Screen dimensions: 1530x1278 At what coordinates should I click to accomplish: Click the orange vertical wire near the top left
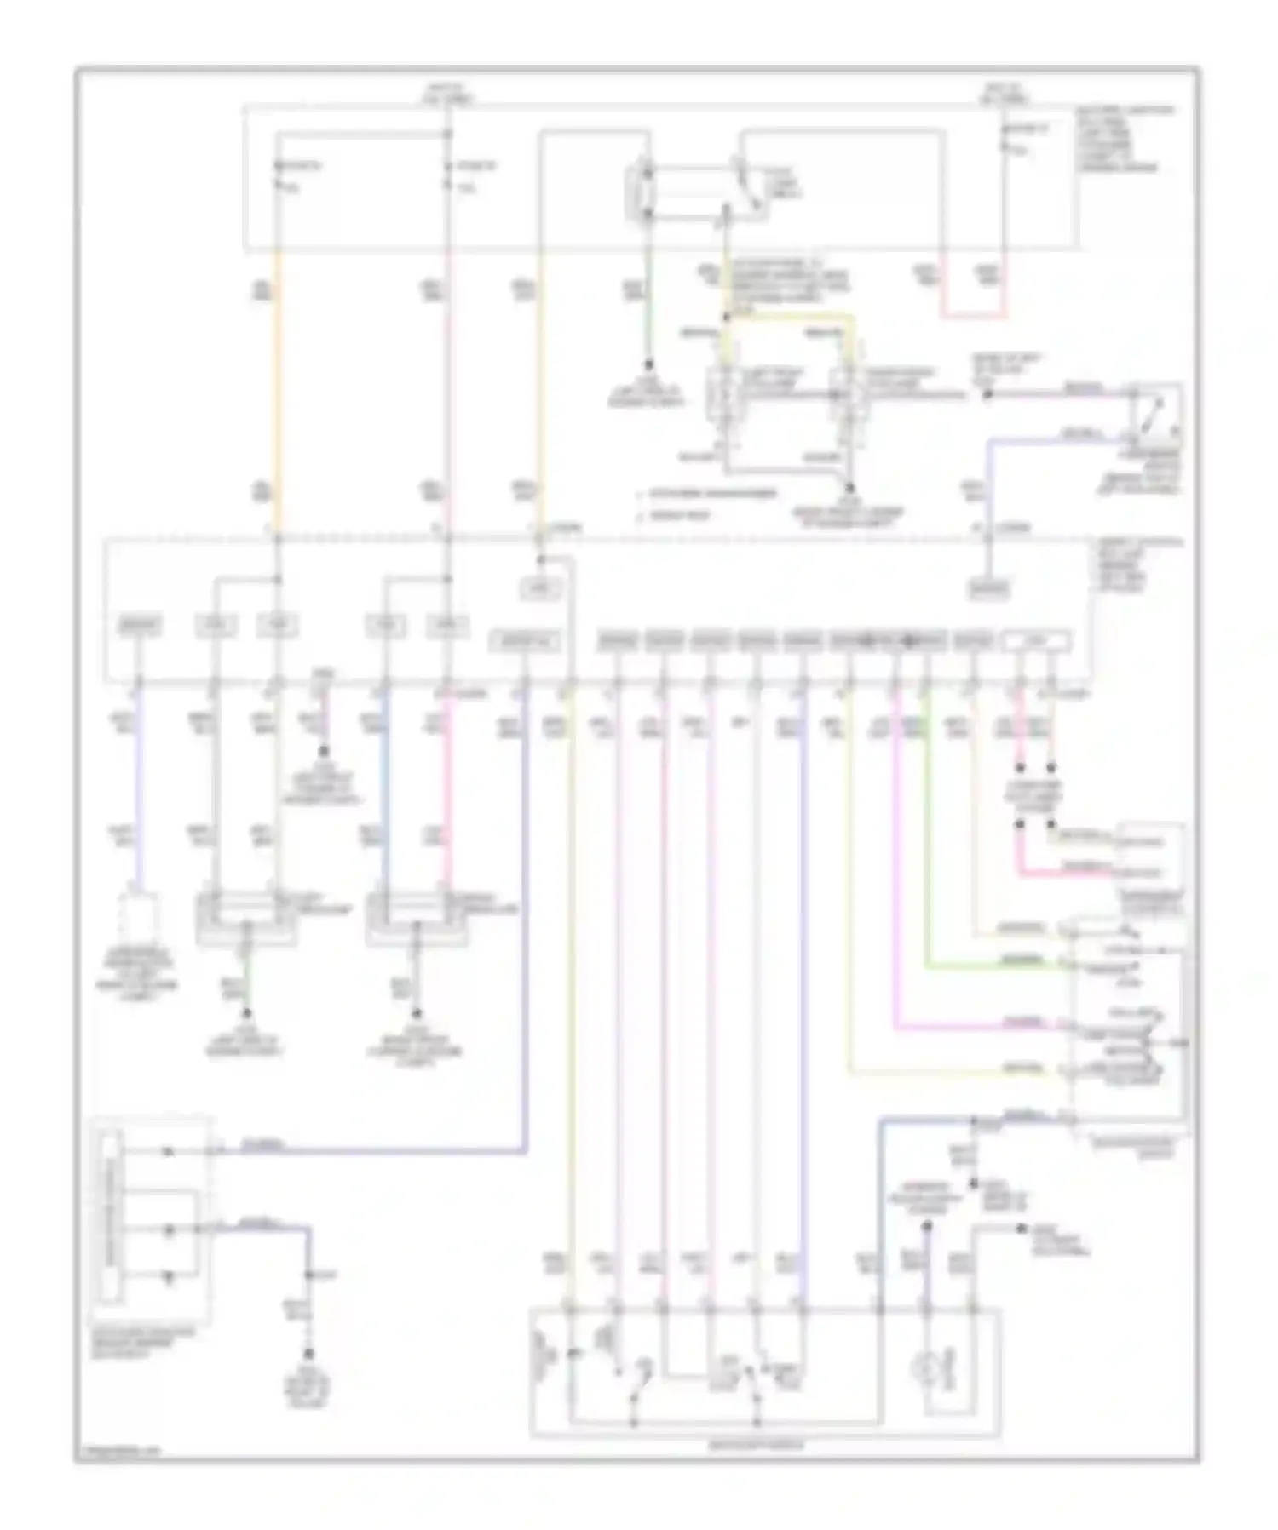(277, 383)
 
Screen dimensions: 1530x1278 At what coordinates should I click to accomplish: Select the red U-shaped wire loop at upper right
(973, 316)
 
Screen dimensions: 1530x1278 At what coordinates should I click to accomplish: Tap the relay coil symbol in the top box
(645, 194)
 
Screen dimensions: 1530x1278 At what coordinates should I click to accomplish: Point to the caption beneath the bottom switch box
(764, 1445)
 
